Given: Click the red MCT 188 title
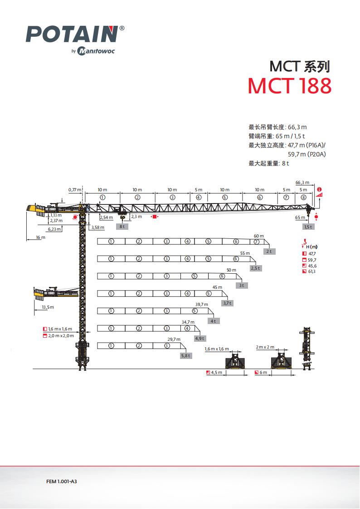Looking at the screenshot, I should click(289, 86).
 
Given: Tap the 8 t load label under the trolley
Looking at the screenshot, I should click(122, 226).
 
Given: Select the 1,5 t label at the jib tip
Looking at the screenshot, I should click(309, 227).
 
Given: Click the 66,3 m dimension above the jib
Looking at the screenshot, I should click(302, 182).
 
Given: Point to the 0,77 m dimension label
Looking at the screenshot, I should click(75, 189).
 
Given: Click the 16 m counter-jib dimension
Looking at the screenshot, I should click(41, 237).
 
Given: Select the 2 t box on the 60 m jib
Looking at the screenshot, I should click(269, 251).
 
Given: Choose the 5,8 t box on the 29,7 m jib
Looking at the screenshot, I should click(186, 356).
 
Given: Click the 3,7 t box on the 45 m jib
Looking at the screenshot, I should click(227, 303).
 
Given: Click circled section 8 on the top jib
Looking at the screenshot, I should click(303, 197).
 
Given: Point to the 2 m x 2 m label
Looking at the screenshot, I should click(265, 347).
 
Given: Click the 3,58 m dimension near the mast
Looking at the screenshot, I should click(97, 227).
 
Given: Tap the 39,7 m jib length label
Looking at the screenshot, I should click(201, 305).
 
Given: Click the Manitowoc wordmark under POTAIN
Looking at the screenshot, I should click(96, 51).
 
